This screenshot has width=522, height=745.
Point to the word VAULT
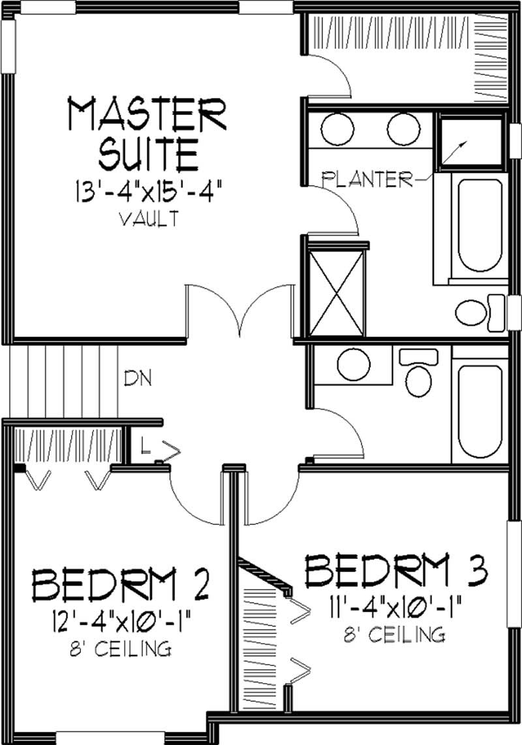click(149, 219)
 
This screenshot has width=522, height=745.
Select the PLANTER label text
click(368, 179)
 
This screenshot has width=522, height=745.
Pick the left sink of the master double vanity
click(337, 129)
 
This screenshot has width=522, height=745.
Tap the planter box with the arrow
click(468, 142)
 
